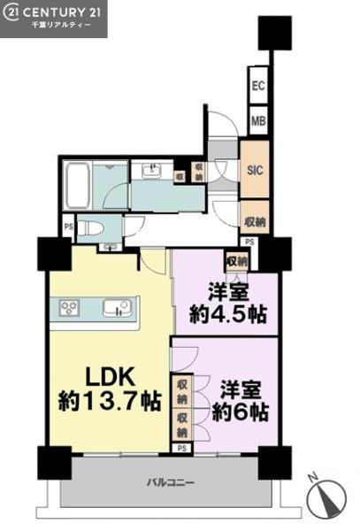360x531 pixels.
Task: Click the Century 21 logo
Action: tap(53, 18)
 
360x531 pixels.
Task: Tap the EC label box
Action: tap(258, 85)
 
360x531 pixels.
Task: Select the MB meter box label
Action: tap(259, 121)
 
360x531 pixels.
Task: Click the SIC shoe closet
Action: tap(255, 170)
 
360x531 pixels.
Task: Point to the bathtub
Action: tap(78, 186)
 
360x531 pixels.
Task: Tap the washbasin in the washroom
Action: tap(154, 170)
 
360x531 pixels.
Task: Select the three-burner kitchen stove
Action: tap(69, 309)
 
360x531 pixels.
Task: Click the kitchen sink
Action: tap(117, 308)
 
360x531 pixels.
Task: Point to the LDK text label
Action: tap(111, 377)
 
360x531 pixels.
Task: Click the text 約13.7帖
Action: tap(110, 401)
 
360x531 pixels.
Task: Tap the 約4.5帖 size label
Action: tap(228, 314)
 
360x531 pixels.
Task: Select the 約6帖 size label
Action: tap(241, 412)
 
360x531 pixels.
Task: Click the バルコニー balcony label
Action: tap(171, 482)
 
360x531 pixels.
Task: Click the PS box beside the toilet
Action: tap(69, 227)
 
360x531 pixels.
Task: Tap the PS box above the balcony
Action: tap(182, 448)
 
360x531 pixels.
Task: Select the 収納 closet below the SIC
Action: tap(255, 222)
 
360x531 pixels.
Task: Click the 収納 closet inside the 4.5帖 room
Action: tap(237, 261)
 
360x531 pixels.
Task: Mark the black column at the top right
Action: tap(275, 33)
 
